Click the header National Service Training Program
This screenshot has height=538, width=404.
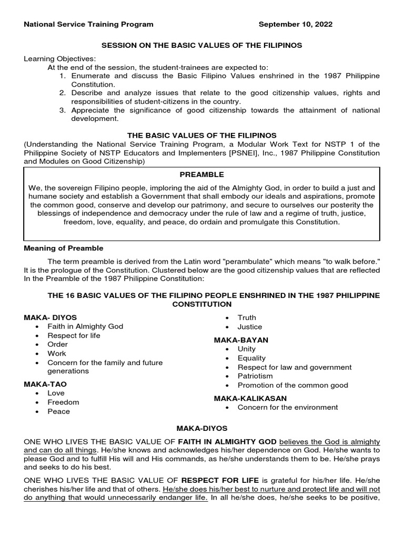(x=89, y=24)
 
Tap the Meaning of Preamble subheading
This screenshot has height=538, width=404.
(x=64, y=248)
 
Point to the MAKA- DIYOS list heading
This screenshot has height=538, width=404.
(x=50, y=317)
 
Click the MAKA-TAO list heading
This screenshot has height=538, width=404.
(x=45, y=384)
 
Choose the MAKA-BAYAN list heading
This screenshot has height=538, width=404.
(x=241, y=340)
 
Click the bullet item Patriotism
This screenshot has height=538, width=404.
(x=255, y=376)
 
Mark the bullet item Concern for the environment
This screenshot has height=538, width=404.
(x=288, y=407)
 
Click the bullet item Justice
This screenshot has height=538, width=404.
(x=249, y=327)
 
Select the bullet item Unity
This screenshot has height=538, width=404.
(x=247, y=349)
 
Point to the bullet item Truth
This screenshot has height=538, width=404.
(x=247, y=317)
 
